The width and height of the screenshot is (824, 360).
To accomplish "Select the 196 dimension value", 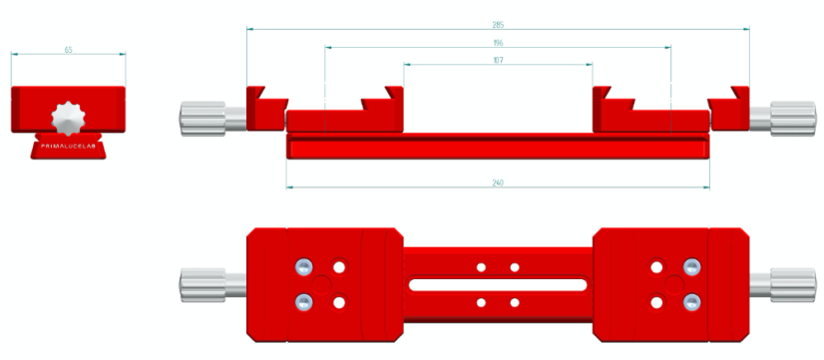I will click(x=497, y=43).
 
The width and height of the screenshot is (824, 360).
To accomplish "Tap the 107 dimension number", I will click(x=497, y=61).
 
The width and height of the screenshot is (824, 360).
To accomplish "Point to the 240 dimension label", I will click(x=497, y=182).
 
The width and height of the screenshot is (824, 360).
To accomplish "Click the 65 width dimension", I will click(x=68, y=49).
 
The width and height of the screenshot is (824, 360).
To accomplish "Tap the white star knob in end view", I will click(x=69, y=117).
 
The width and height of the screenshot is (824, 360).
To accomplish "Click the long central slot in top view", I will click(x=497, y=284).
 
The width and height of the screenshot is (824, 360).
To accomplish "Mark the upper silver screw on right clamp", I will click(x=690, y=266).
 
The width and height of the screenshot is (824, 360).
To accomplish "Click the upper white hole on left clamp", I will click(x=340, y=266).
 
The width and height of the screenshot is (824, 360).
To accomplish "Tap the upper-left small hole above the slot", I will click(x=481, y=267).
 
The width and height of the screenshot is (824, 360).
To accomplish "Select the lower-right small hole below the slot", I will click(x=515, y=302).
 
